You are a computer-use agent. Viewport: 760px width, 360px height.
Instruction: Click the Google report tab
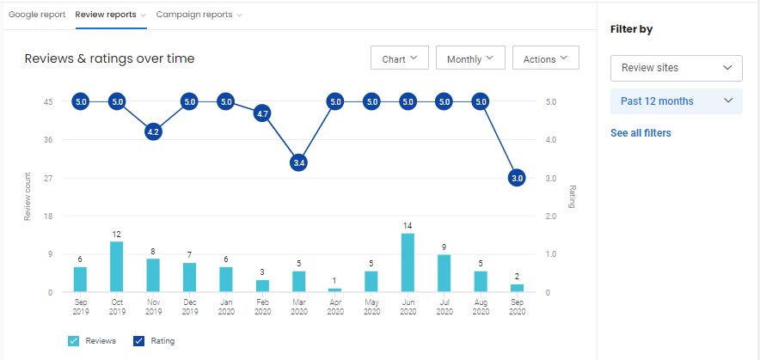click(x=37, y=15)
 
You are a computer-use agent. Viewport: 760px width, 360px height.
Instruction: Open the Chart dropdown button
click(x=399, y=58)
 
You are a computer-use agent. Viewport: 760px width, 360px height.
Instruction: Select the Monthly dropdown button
click(x=469, y=58)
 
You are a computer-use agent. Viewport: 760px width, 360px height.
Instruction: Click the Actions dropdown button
click(x=545, y=58)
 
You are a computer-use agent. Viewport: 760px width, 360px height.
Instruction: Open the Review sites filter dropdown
click(x=676, y=68)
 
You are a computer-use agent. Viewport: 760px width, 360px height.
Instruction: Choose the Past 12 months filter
click(x=676, y=101)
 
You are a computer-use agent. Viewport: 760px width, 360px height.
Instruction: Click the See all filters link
click(x=640, y=133)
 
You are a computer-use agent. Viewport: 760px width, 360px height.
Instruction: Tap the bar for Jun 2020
click(x=408, y=263)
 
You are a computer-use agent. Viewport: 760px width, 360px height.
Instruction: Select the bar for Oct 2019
click(x=116, y=267)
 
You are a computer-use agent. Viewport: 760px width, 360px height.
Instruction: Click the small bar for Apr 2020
click(x=335, y=290)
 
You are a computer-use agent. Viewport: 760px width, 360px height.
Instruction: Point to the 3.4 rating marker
click(x=298, y=162)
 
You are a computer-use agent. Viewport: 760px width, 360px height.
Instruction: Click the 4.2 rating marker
click(x=153, y=132)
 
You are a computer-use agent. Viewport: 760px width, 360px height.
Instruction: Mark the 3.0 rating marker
click(x=518, y=178)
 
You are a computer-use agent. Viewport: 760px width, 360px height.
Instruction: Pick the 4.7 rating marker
click(x=263, y=113)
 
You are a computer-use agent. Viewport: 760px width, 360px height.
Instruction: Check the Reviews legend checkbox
click(x=73, y=341)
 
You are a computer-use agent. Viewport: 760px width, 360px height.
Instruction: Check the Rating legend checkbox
click(x=138, y=341)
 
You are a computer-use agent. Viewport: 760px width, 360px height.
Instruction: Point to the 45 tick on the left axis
click(x=49, y=102)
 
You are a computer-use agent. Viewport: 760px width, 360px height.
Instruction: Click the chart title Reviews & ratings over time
click(x=109, y=58)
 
